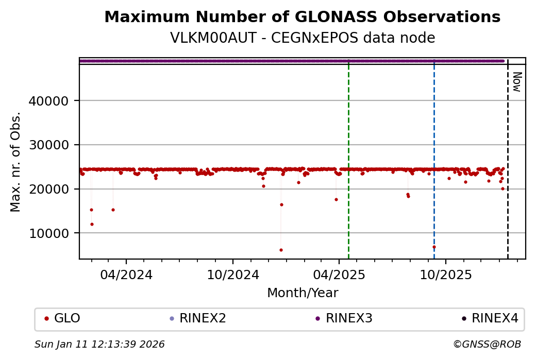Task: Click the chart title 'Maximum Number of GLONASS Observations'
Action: click(x=302, y=17)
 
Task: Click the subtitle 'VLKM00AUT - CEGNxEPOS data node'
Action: click(x=302, y=38)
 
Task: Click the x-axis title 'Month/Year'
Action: click(x=302, y=293)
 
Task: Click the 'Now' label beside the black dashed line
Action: click(x=517, y=81)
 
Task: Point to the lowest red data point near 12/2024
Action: click(x=281, y=250)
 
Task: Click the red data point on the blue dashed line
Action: click(x=434, y=247)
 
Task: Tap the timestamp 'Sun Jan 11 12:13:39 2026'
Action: click(x=99, y=345)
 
